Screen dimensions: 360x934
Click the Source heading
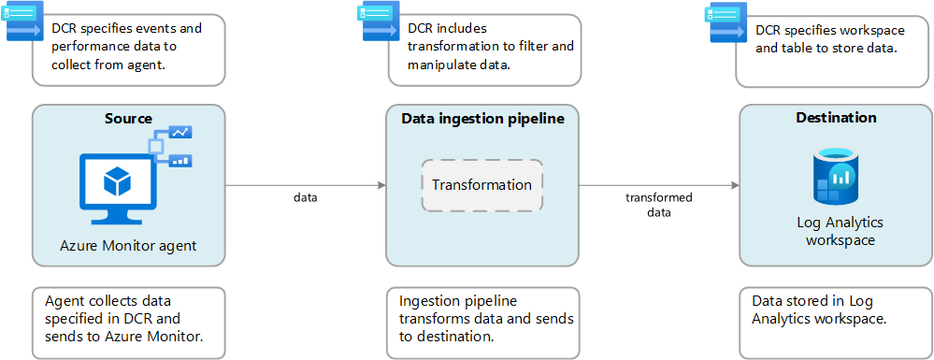(128, 119)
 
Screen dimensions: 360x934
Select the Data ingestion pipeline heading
(482, 119)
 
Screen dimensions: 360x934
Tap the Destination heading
(836, 118)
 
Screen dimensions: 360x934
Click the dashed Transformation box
(481, 185)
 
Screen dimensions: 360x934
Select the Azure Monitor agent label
(128, 246)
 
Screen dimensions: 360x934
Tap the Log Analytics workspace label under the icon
(835, 231)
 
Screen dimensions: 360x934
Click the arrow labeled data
(305, 185)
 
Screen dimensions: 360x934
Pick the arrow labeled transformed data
(659, 185)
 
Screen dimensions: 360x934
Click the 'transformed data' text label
(659, 205)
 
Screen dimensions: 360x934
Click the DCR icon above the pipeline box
(377, 22)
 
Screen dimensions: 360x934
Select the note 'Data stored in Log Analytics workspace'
(836, 322)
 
